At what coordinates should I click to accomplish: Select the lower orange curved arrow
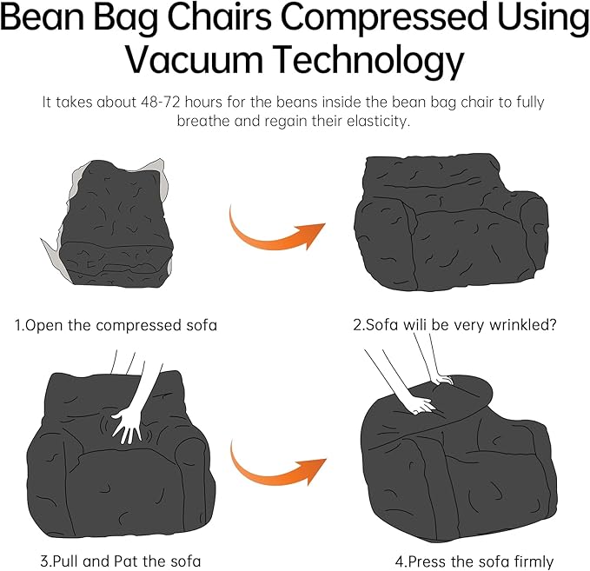click(277, 468)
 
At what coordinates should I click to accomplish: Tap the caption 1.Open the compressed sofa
click(116, 325)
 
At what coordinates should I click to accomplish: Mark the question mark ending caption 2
click(553, 325)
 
